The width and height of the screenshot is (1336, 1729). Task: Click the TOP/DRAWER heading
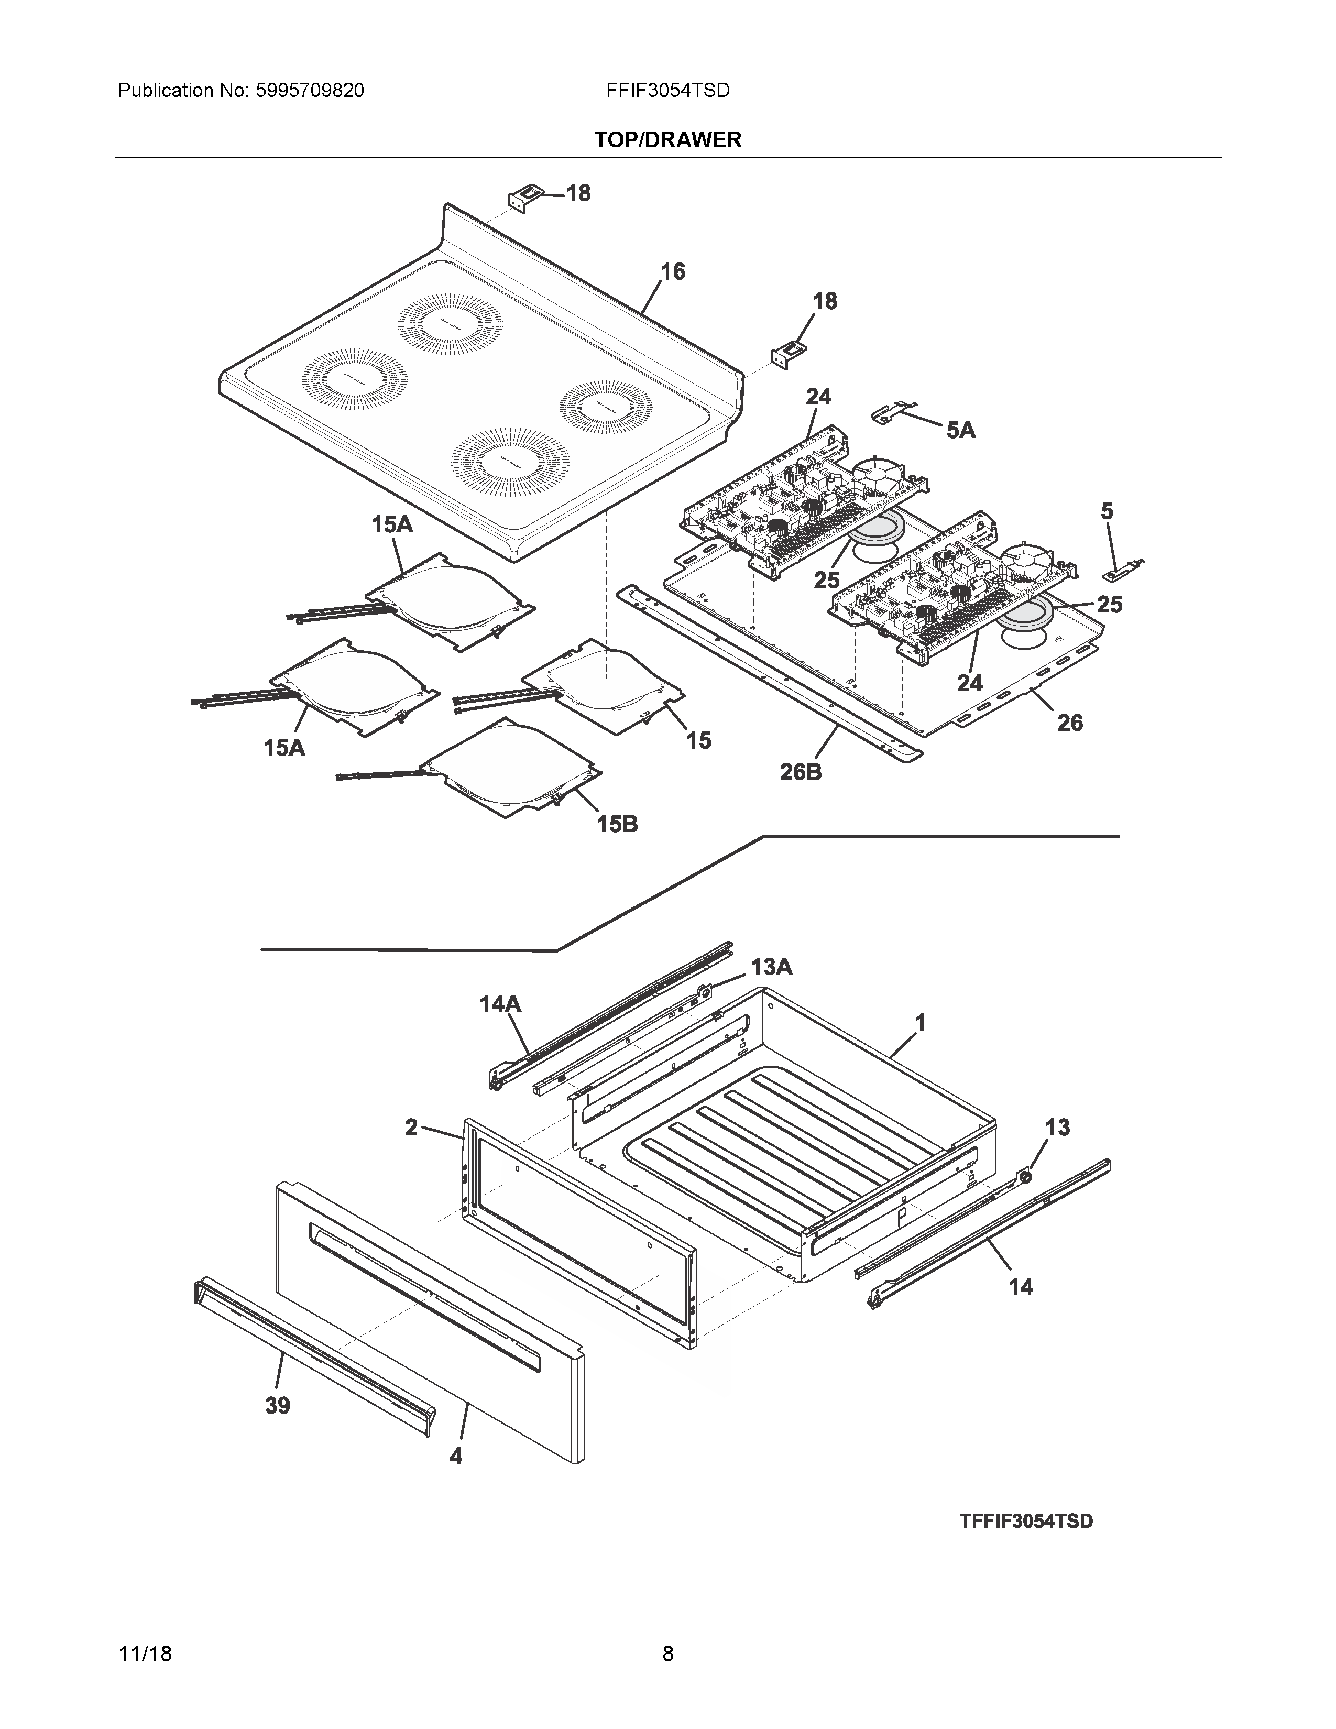pos(667,140)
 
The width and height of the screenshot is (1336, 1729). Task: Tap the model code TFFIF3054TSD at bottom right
pos(1026,1522)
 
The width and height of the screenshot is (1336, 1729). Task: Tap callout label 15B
pos(617,824)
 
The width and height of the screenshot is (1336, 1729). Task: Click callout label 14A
pos(500,1004)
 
